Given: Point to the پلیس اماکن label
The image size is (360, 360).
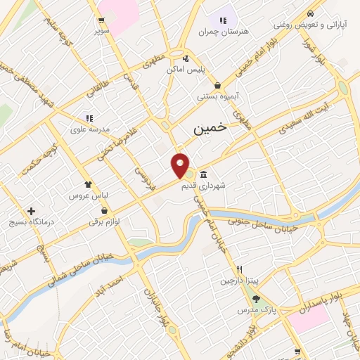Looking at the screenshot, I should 185,70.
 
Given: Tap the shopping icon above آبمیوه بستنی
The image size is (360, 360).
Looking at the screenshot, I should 217,85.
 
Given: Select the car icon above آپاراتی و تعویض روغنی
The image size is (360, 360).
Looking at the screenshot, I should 310,13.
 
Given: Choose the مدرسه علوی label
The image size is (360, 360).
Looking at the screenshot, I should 88,129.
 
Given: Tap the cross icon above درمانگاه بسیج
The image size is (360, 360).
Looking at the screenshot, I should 31,211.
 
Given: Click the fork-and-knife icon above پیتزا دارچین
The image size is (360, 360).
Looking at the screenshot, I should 239,269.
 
